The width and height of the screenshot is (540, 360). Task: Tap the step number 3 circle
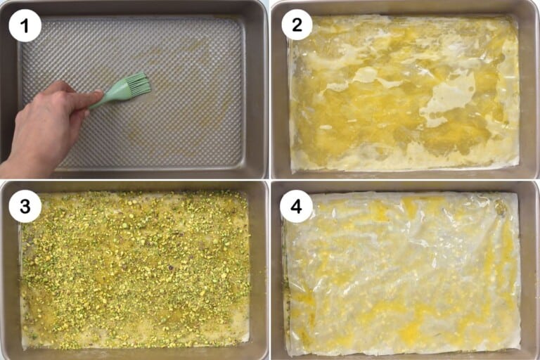point(25,207)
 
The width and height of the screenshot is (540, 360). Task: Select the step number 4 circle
point(297,207)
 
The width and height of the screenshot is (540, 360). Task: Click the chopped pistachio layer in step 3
point(134,271)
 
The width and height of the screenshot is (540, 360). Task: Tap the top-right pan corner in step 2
point(527,10)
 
